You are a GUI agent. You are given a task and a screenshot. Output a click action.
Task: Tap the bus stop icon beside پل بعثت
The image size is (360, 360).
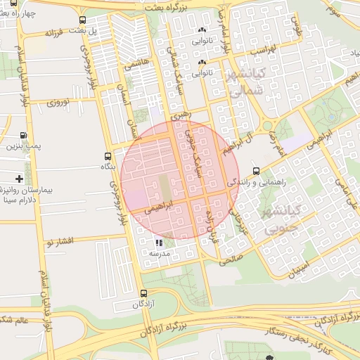(x=84, y=20)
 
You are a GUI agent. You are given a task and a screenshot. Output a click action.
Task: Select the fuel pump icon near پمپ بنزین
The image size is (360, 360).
(x=24, y=136)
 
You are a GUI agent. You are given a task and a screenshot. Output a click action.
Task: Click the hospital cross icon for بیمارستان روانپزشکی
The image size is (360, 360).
(x=19, y=180)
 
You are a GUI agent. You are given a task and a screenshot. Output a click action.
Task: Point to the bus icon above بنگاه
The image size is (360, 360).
(x=107, y=157)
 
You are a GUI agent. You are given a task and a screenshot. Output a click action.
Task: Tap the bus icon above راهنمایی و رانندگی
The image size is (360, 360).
(x=255, y=171)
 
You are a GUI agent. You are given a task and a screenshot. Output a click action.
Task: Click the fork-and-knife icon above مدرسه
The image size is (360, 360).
(x=158, y=243)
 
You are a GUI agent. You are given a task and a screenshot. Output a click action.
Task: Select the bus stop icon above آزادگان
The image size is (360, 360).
(x=144, y=293)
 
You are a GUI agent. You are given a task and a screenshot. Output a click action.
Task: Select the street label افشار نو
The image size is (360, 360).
(x=60, y=242)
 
